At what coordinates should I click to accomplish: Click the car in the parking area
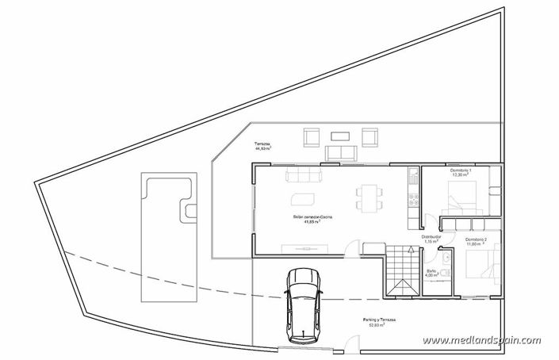point(302,301)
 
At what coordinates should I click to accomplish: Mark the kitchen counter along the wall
point(412,197)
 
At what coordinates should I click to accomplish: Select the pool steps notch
point(190,210)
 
